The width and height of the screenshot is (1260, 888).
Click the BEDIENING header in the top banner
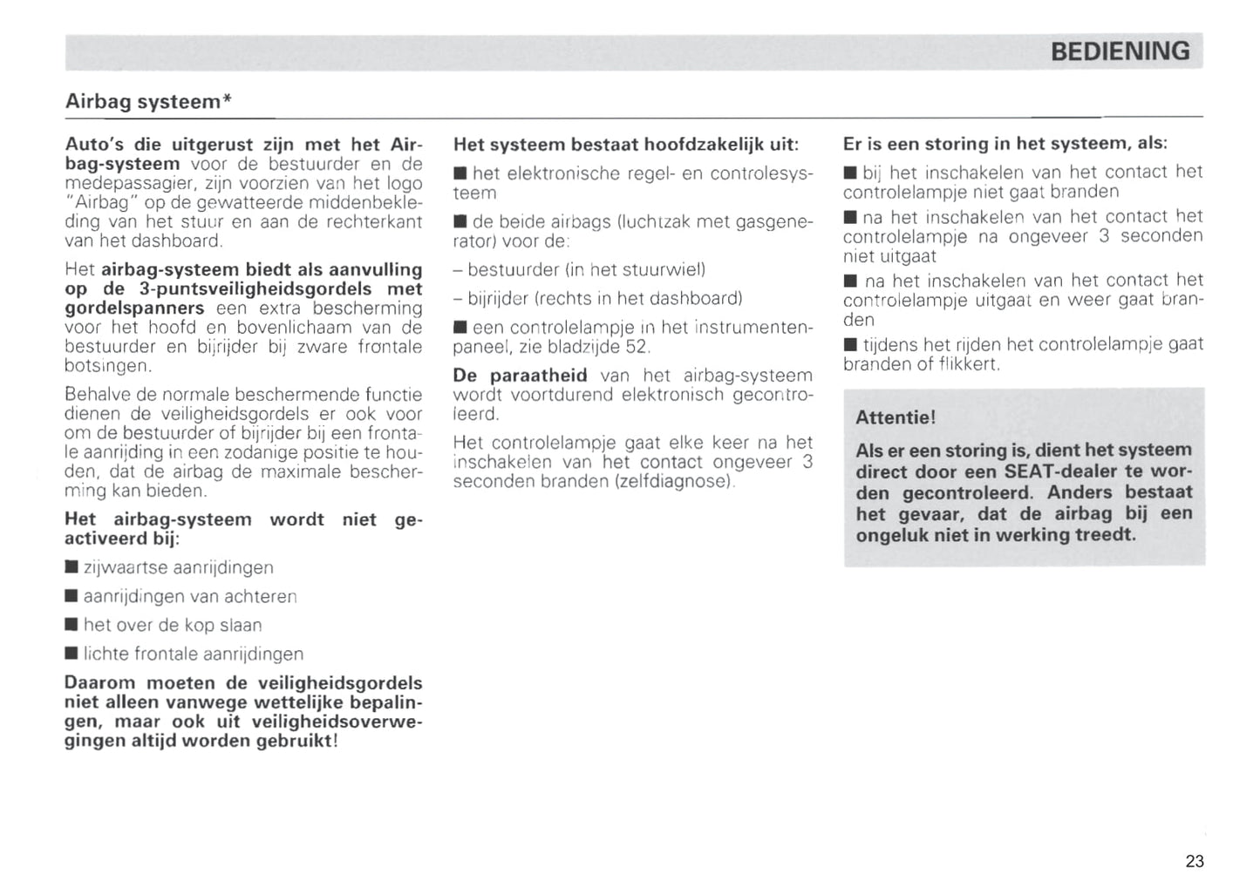point(1120,51)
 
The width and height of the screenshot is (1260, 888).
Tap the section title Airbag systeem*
point(148,102)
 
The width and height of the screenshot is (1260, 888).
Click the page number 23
point(1195,861)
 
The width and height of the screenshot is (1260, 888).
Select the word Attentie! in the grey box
point(896,417)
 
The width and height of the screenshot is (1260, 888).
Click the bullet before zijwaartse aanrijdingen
point(72,568)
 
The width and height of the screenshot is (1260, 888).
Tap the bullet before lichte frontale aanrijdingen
point(72,654)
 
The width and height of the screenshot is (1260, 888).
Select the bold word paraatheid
point(538,376)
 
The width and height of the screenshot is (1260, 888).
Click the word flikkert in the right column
point(968,364)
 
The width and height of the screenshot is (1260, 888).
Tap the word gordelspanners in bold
point(134,308)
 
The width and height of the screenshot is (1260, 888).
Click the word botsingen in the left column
point(107,366)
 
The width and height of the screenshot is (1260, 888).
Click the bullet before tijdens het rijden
point(850,345)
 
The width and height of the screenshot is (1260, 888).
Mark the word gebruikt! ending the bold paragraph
point(296,742)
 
